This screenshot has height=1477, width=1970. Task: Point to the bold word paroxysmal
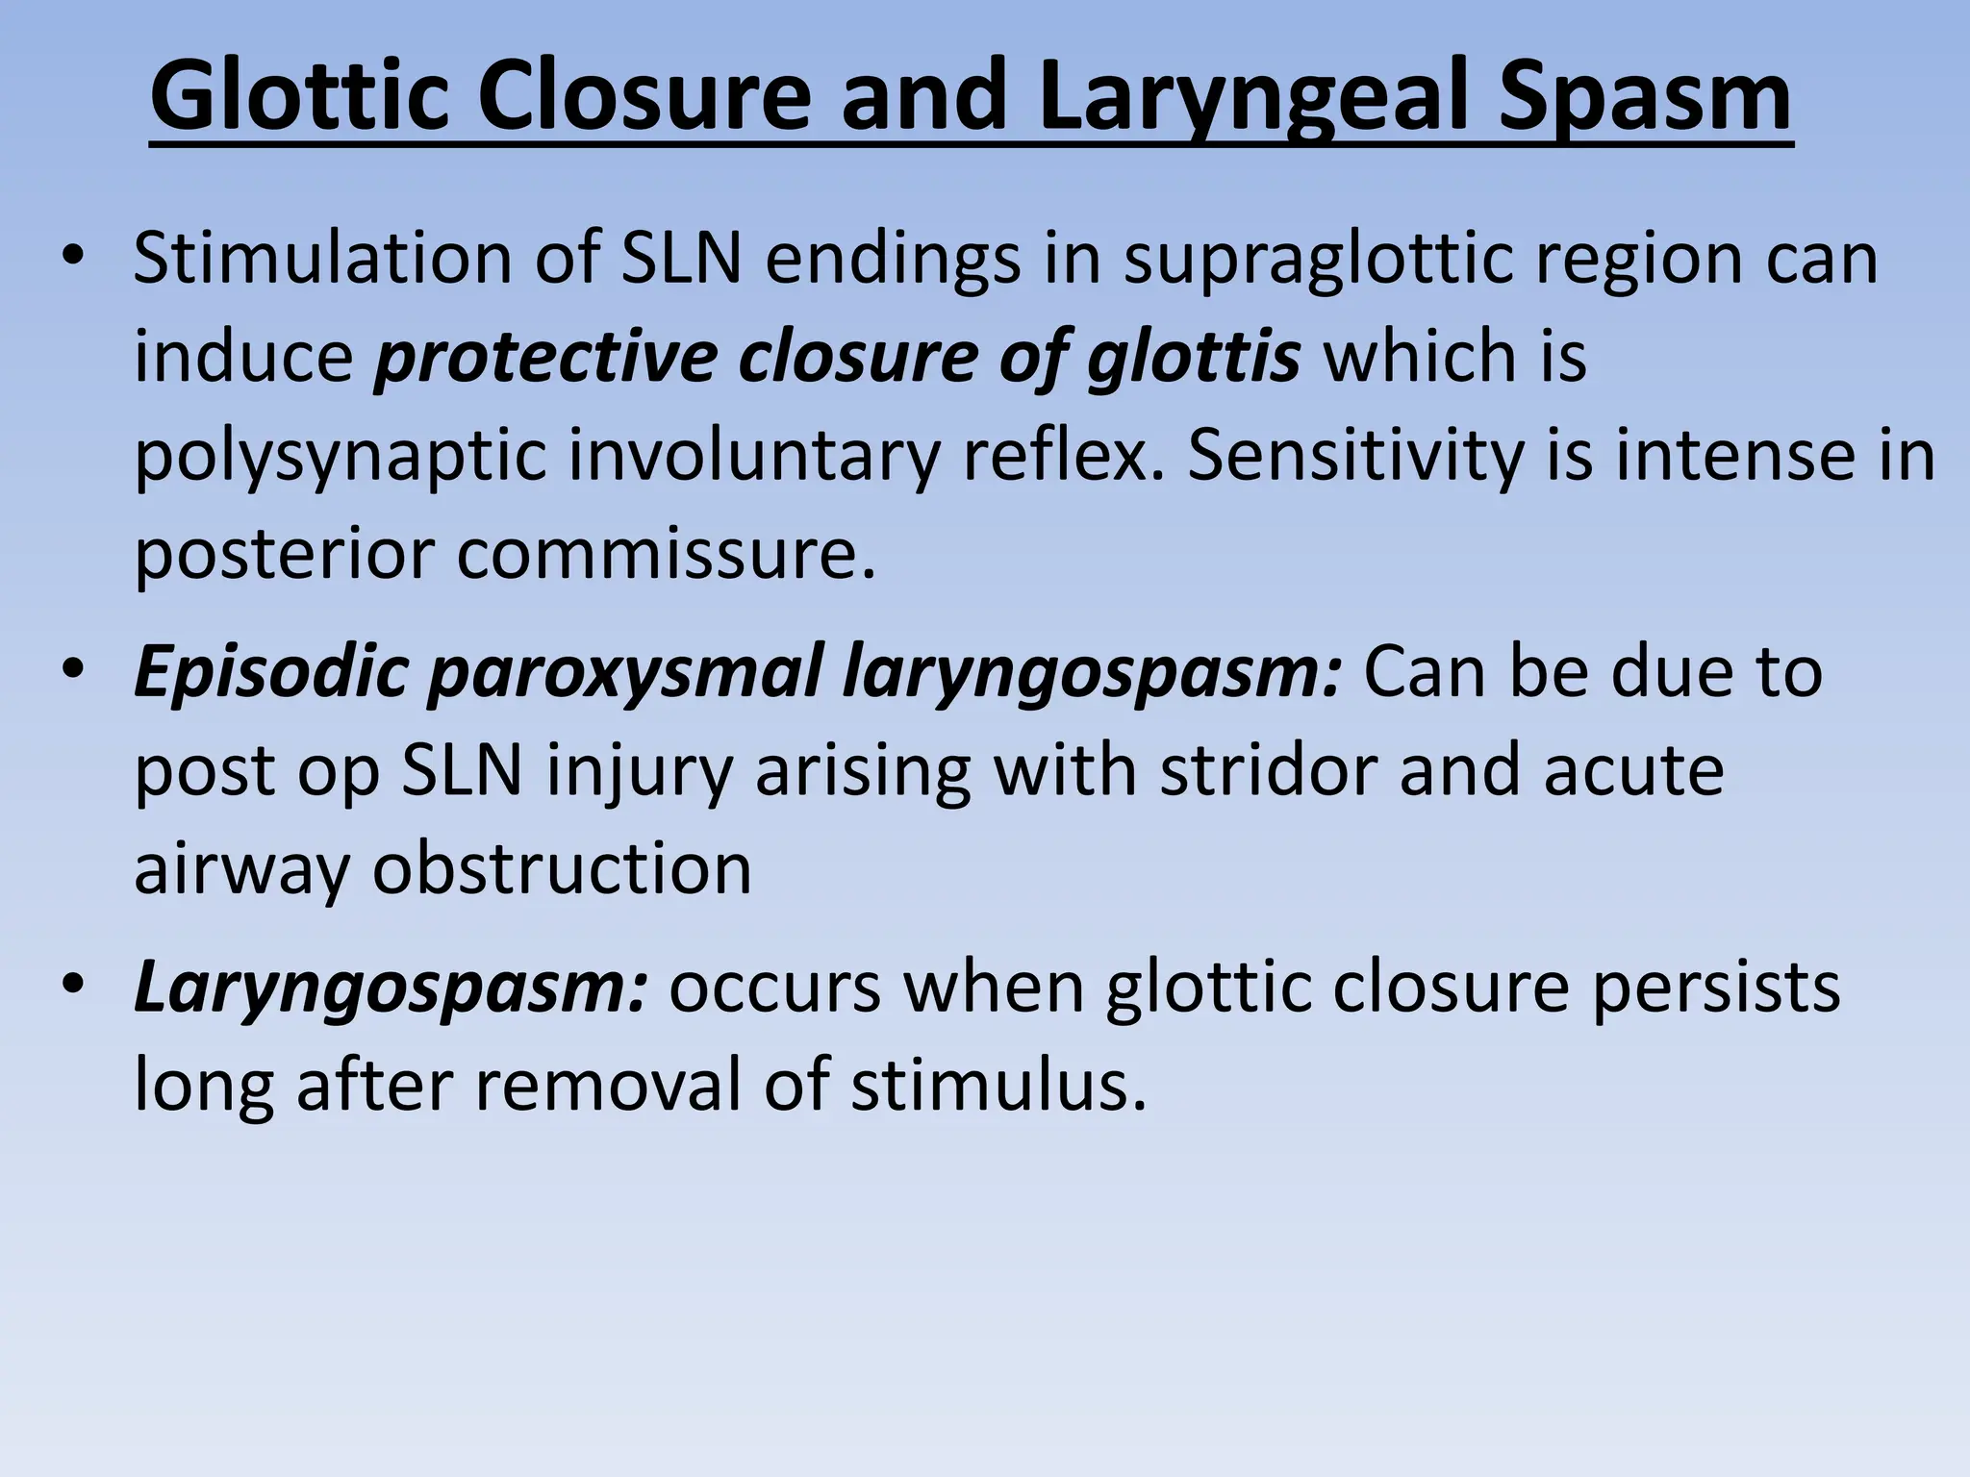point(625,673)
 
